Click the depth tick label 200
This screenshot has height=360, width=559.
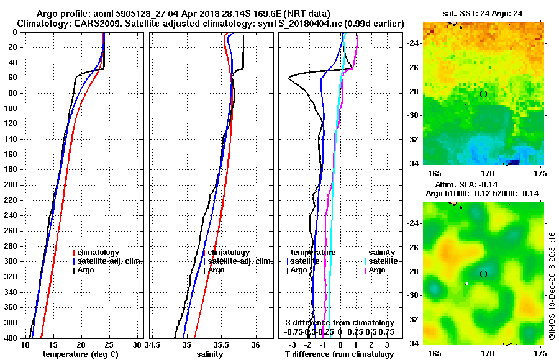click(x=10, y=185)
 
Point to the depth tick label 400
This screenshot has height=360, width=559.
click(x=10, y=338)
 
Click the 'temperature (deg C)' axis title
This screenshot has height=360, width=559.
click(x=80, y=354)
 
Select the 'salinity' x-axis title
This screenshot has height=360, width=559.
click(x=209, y=354)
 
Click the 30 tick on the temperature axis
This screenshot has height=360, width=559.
click(x=137, y=344)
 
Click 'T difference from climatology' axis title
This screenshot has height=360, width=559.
click(x=339, y=354)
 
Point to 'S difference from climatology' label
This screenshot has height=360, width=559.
click(x=339, y=323)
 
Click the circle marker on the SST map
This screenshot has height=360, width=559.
click(x=483, y=94)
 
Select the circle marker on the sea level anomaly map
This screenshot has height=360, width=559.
click(x=483, y=274)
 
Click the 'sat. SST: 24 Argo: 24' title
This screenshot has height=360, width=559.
click(x=483, y=13)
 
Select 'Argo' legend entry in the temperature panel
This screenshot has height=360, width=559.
click(x=90, y=270)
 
